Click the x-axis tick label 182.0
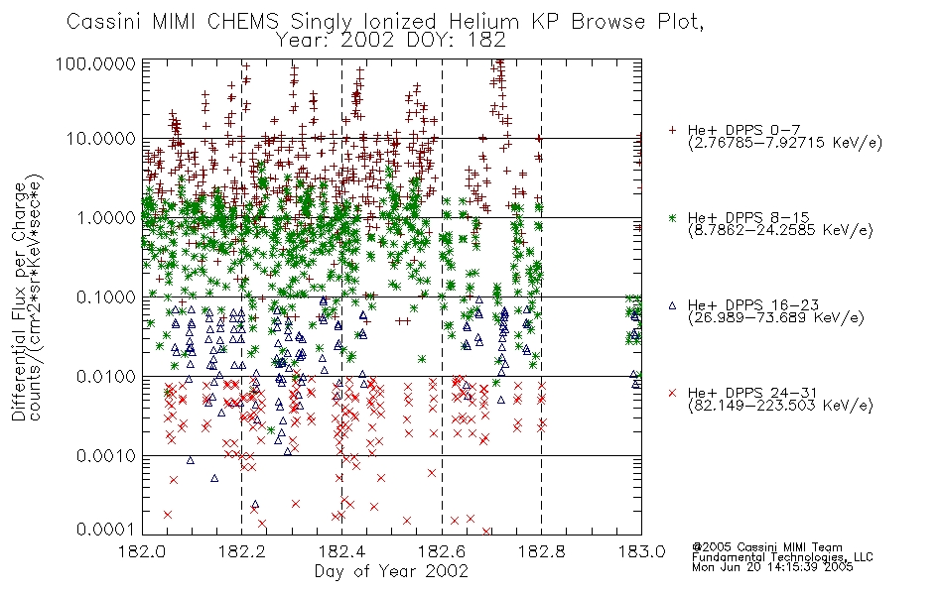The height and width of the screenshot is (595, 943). point(142,551)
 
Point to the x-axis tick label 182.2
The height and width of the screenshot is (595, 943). point(242,551)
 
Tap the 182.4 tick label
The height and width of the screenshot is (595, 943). point(341,551)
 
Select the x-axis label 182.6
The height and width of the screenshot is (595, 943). point(442,551)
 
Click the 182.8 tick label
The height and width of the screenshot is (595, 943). point(541,551)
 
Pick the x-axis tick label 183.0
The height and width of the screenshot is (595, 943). point(641,551)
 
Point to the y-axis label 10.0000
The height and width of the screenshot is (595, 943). point(100,139)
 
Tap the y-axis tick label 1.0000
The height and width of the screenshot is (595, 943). point(106,217)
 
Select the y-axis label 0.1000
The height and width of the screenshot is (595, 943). point(106,297)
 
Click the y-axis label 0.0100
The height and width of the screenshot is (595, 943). point(106,377)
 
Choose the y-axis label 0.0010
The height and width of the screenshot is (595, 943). point(106,456)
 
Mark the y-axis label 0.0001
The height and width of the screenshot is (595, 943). point(106,529)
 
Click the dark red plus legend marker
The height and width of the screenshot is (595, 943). point(672,130)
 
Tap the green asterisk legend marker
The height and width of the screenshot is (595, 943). point(672,217)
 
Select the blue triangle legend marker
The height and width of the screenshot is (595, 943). point(672,305)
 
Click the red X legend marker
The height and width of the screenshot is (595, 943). point(672,393)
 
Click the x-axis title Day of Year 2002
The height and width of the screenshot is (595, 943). point(391,571)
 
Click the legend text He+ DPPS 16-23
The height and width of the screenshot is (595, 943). point(753,305)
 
